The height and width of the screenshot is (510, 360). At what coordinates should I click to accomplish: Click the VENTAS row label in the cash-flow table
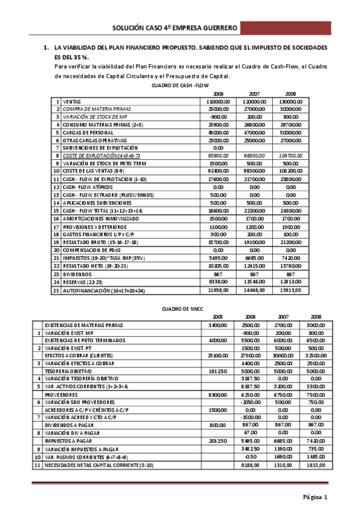pyautogui.click(x=73, y=102)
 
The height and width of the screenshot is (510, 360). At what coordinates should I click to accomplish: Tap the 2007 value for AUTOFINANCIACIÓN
pyautogui.click(x=254, y=289)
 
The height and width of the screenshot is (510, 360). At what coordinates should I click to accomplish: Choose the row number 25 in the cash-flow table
pyautogui.click(x=56, y=290)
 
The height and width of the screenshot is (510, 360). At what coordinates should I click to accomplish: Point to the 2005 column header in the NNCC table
pyautogui.click(x=217, y=317)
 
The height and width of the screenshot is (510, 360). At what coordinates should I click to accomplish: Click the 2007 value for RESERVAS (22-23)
pyautogui.click(x=254, y=281)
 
